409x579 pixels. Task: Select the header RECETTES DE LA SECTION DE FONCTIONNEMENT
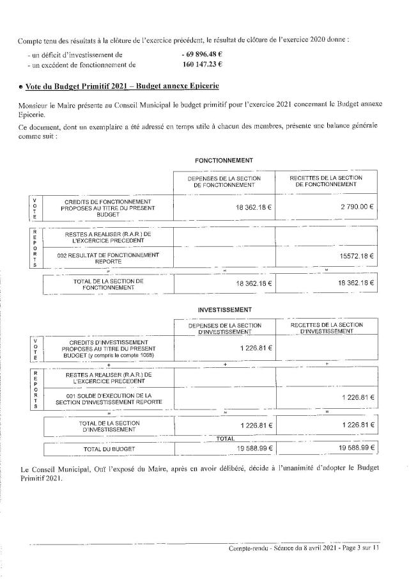[x=326, y=181]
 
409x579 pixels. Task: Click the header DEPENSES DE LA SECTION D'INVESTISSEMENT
[x=224, y=328]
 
